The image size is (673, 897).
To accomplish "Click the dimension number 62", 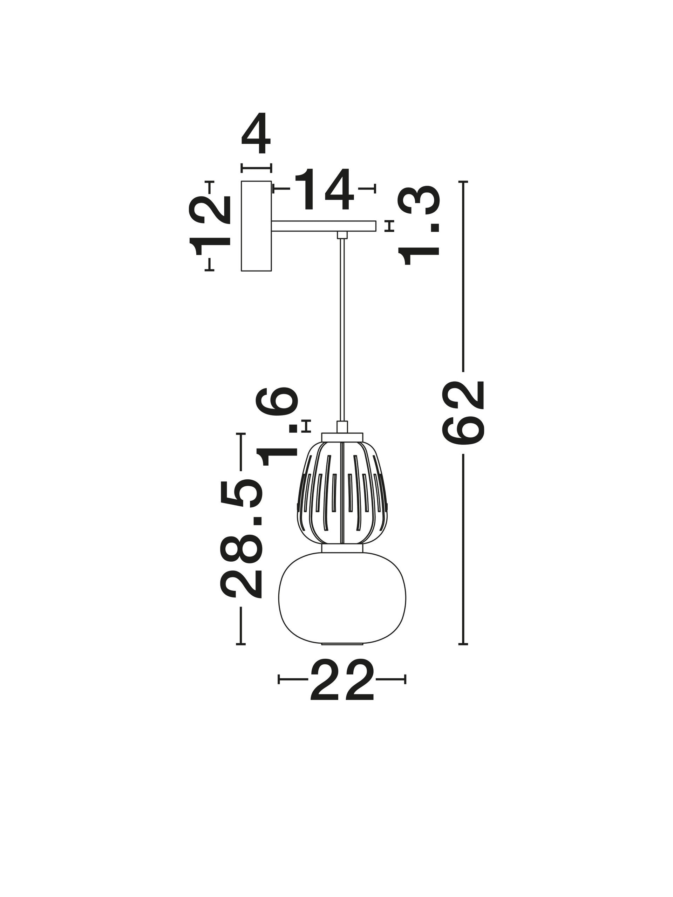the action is click(464, 412).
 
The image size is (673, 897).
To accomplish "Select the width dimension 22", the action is click(341, 685).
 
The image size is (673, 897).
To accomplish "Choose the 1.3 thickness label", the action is click(419, 225).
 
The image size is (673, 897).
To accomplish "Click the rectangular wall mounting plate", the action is click(256, 226).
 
